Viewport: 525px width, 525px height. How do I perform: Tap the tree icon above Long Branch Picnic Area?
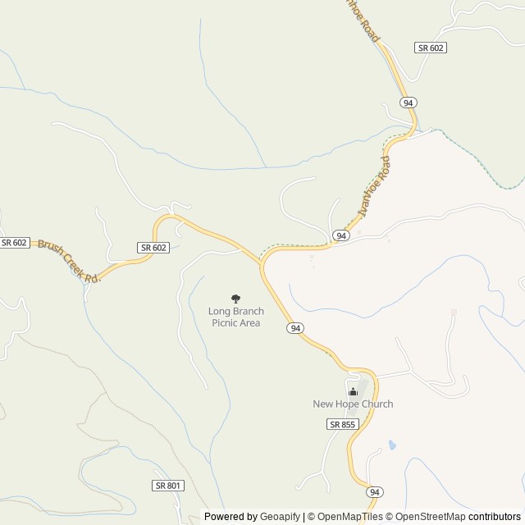coord(236,299)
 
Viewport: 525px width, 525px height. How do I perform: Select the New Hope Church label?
coord(353,404)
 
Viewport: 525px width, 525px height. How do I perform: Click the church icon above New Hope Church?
coord(354,391)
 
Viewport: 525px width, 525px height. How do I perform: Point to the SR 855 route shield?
coord(342,424)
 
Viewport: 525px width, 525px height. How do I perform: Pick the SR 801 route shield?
coord(167,486)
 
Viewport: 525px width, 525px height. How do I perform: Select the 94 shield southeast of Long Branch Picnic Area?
coord(296,328)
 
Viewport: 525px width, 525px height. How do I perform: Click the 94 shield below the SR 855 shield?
coord(375,492)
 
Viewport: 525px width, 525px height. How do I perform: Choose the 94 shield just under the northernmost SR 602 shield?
coord(408,103)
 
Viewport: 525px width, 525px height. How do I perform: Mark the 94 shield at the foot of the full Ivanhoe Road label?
coord(342,235)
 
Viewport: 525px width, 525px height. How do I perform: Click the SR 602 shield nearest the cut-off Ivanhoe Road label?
coord(431,48)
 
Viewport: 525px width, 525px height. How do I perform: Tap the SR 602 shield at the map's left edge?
coord(15,243)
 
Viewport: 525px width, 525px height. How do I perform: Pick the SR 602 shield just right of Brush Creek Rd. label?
coord(153,248)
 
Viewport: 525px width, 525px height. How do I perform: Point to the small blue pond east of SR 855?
coord(392,445)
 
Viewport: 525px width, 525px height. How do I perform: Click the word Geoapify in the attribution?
coord(279,517)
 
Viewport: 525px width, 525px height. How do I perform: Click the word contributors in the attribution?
coord(495,517)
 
